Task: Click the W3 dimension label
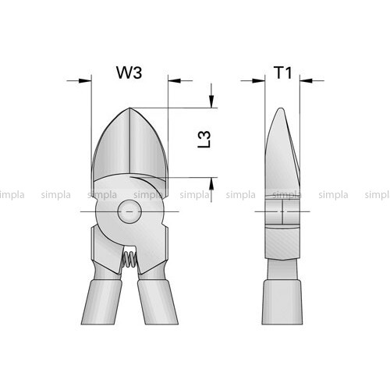[x=129, y=73]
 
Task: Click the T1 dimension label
[x=283, y=73]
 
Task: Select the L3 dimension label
[x=204, y=140]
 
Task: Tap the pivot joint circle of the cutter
[x=129, y=211]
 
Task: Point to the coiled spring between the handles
[x=128, y=260]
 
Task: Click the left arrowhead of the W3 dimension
[x=85, y=80]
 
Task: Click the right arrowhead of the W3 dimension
[x=175, y=80]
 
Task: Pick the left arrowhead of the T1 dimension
[x=258, y=80]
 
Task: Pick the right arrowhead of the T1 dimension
[x=306, y=80]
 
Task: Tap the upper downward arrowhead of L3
[x=211, y=101]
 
